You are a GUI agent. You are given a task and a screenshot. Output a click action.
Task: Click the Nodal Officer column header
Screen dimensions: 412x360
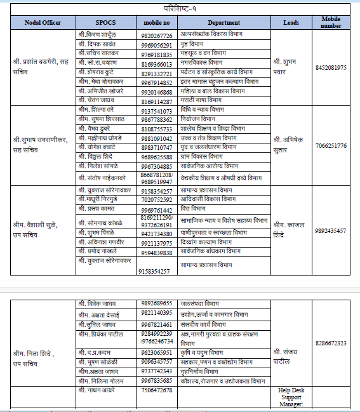(41, 22)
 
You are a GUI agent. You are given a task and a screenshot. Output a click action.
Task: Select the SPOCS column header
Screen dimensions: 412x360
(105, 22)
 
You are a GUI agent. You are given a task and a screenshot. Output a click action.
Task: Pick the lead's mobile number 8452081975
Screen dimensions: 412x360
(330, 67)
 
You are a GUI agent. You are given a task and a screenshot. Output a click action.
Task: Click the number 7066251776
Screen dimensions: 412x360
(330, 146)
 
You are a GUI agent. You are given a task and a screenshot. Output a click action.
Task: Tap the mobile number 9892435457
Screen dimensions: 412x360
(330, 230)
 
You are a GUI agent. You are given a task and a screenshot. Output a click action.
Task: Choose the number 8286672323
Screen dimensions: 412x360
(330, 343)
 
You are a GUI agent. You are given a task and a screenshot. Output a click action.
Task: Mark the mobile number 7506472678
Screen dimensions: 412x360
(156, 389)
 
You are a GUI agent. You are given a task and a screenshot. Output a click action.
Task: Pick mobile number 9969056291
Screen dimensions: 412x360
(156, 45)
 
